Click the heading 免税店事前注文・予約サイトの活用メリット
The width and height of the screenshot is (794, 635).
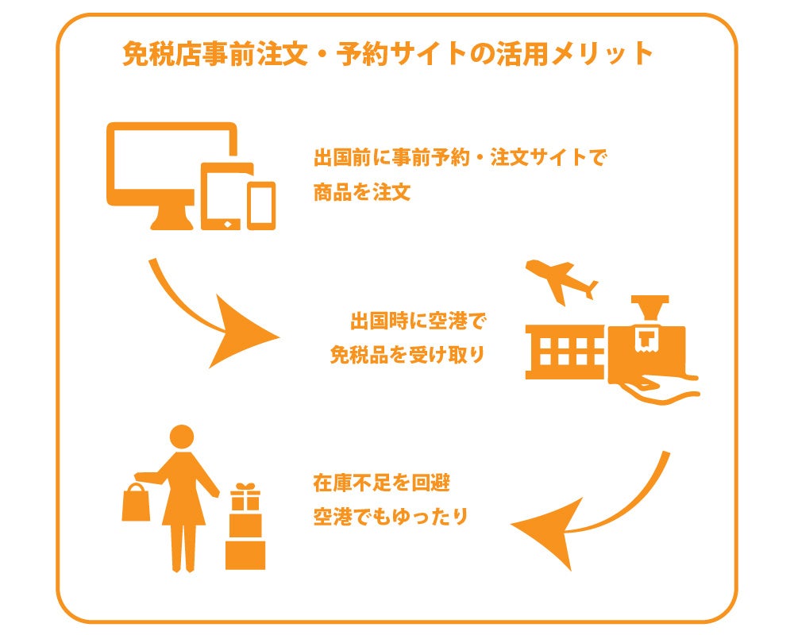coord(387,54)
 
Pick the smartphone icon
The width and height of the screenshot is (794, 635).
coord(260,206)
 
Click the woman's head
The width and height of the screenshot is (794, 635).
coord(183,437)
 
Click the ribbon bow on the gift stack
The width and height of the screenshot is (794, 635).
coord(245,487)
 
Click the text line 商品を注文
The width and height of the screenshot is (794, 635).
coord(361,193)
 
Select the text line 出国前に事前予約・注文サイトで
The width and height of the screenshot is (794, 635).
coord(460,157)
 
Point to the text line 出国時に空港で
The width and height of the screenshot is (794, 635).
coord(417,321)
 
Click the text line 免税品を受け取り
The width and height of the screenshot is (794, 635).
coord(407,355)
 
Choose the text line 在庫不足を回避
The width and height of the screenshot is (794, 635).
coord(376,482)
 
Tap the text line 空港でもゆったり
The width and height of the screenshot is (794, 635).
coord(390,516)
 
